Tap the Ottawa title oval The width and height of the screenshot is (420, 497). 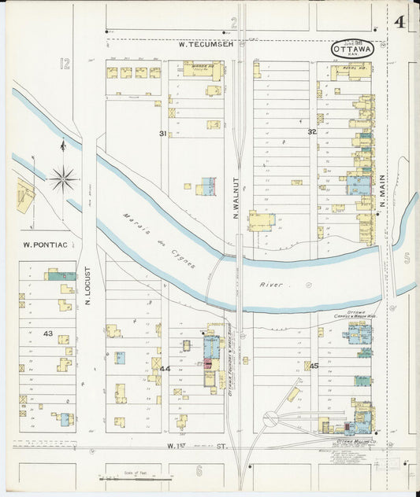352,49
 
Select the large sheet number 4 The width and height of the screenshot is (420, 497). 400,21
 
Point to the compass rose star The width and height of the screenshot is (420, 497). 63,179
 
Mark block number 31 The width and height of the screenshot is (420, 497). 163,134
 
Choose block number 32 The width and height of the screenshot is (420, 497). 312,131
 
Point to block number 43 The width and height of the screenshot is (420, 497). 47,333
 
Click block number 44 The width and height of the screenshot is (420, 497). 165,368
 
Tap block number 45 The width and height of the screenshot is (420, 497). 314,366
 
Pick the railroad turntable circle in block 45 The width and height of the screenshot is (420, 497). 270,420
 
